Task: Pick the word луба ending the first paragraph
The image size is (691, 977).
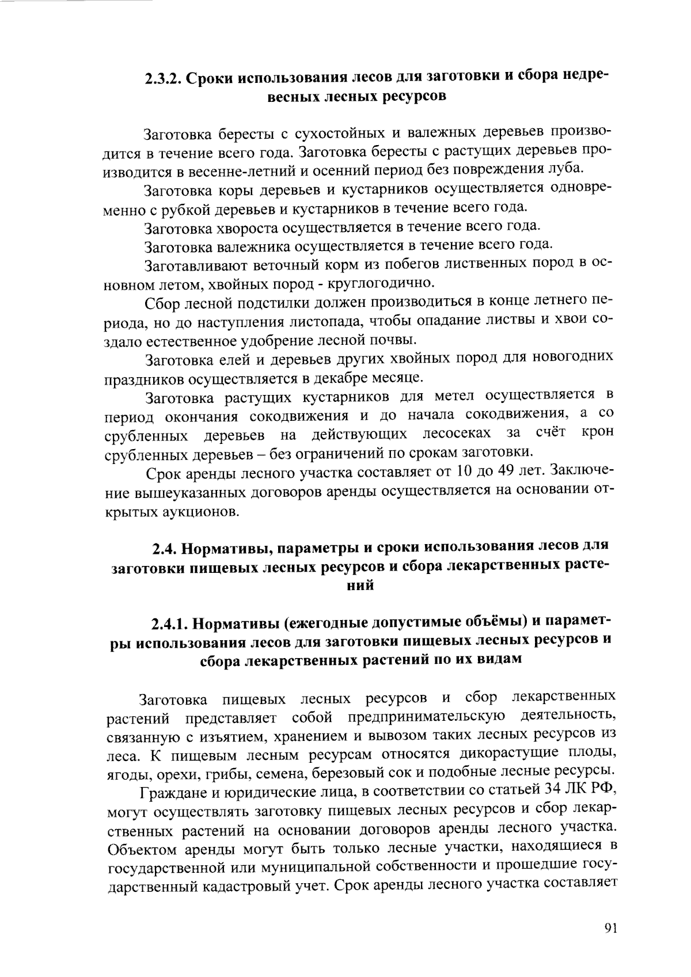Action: [568, 169]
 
